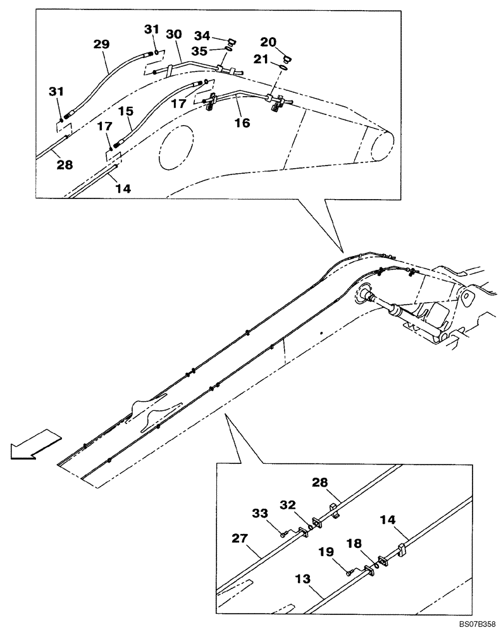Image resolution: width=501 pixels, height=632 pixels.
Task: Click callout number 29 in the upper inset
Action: click(x=101, y=44)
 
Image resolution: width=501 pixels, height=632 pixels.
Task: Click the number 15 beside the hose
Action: click(x=126, y=111)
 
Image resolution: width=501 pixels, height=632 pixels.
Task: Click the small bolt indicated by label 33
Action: click(x=284, y=534)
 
